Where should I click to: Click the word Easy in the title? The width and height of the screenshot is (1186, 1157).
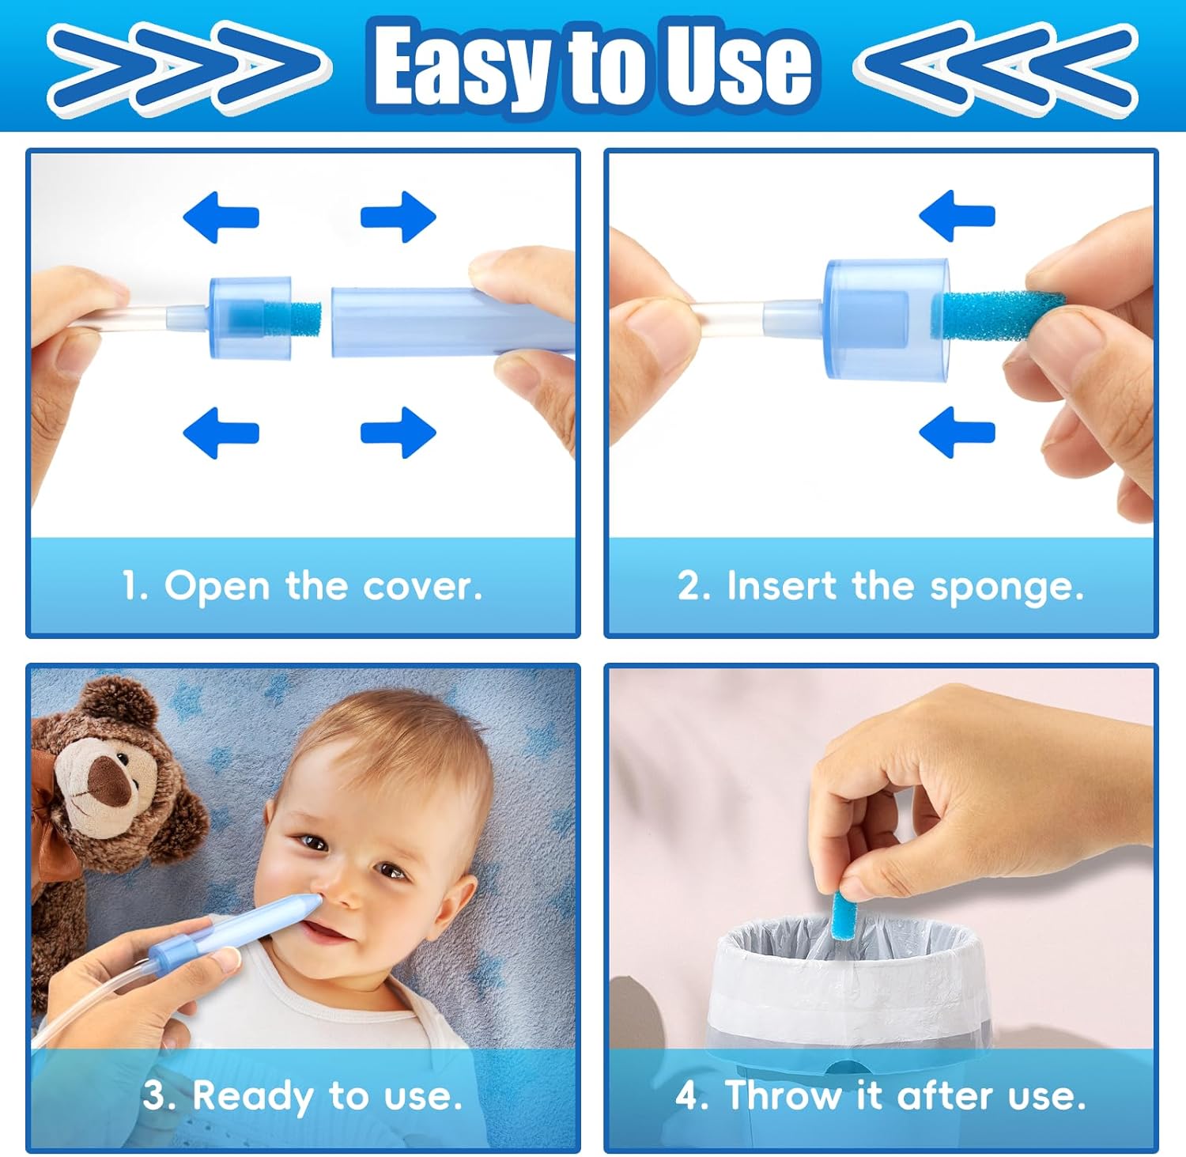[x=462, y=66]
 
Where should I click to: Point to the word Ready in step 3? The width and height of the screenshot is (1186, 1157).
[x=252, y=1096]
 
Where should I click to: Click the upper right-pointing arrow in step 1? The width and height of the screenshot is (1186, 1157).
[x=398, y=216]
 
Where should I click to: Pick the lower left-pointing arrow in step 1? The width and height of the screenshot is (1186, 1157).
[x=221, y=433]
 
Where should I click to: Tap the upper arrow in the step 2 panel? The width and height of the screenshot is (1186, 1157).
[x=957, y=216]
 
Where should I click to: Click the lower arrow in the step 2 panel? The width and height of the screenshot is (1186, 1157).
[x=957, y=433]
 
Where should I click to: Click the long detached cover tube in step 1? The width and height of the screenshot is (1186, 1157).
[x=451, y=321]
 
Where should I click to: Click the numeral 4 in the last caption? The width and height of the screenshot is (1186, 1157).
[x=687, y=1096]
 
